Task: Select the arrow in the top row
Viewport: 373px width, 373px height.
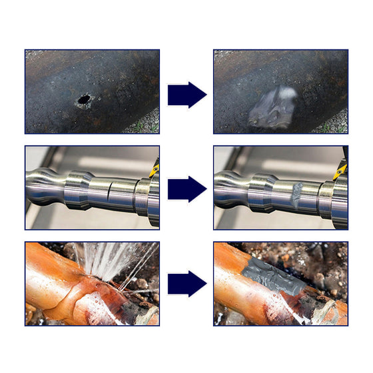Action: (186, 95)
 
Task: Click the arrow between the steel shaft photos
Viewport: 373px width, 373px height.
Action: (186, 188)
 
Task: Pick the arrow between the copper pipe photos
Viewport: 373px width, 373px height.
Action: (186, 284)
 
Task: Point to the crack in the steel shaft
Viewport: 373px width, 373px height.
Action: (109, 193)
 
